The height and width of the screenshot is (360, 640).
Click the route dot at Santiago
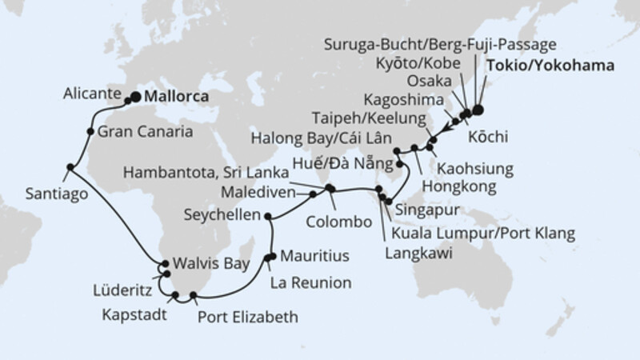70,167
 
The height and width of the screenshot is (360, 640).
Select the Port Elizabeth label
249,318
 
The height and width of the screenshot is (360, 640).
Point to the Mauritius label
318,258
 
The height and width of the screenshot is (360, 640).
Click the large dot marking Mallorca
135,97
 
